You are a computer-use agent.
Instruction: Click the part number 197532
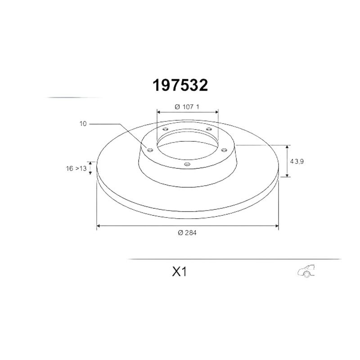click(180, 85)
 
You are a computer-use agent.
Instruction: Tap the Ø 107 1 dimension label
click(187, 107)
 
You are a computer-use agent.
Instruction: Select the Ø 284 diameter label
click(187, 233)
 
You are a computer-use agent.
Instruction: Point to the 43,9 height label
click(297, 162)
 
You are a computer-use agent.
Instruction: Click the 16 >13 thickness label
click(76, 168)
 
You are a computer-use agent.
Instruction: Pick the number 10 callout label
click(83, 124)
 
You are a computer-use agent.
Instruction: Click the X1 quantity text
click(180, 272)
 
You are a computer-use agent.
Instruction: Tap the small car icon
click(306, 271)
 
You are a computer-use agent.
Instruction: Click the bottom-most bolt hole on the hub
click(187, 164)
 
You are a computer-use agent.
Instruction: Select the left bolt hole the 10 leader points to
click(150, 150)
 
